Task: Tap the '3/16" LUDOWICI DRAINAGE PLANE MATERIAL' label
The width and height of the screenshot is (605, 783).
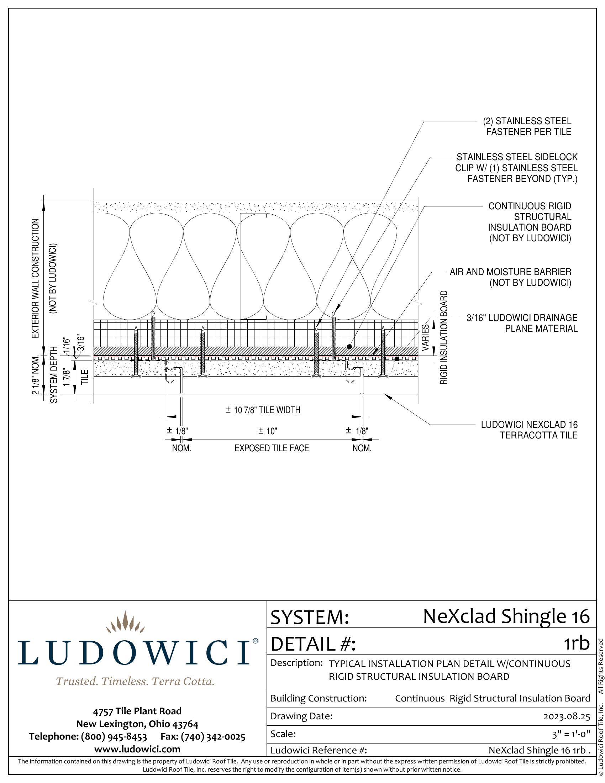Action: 522,323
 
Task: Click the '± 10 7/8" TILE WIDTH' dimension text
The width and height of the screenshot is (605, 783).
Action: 263,410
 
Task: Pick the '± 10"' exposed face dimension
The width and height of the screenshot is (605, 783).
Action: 267,431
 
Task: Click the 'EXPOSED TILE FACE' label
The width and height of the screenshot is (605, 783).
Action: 272,448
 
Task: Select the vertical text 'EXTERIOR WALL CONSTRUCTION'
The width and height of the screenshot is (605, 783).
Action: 35,279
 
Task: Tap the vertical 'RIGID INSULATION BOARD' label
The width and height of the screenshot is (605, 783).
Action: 444,337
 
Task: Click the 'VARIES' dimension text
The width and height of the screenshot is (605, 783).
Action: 425,337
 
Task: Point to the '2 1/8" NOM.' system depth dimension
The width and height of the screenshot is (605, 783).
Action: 35,375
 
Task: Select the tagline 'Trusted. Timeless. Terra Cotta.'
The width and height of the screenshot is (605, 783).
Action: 135,681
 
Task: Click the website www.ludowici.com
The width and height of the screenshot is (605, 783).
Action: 137,749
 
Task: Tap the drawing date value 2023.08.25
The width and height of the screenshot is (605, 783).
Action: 567,716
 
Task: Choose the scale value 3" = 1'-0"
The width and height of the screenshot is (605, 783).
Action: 571,734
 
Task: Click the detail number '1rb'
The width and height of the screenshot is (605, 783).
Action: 577,643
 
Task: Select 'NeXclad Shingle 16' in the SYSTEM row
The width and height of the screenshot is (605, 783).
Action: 506,616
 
